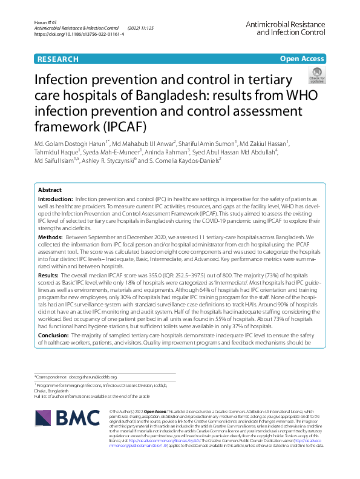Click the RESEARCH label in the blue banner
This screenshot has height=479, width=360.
(x=58, y=59)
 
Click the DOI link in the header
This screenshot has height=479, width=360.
(x=80, y=35)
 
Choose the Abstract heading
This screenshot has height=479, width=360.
(x=50, y=190)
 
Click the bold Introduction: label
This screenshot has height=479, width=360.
(x=56, y=199)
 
